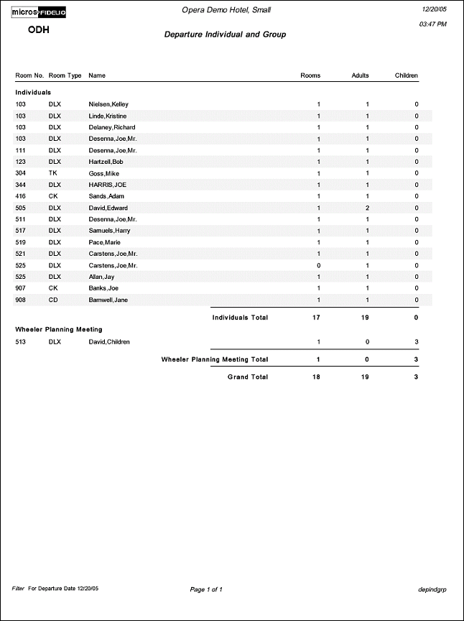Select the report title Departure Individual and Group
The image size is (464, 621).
pos(225,34)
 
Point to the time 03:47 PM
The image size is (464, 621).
pos(432,24)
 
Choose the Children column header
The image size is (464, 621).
pos(406,75)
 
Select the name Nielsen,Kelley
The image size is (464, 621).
pos(108,105)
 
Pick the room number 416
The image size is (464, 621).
pos(21,196)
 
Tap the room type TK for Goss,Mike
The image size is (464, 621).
pos(52,173)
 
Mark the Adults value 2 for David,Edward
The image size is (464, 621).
pos(367,208)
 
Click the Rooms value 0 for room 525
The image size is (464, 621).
pos(319,265)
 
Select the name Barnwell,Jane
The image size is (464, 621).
pos(108,300)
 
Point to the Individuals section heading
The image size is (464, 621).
pos(33,93)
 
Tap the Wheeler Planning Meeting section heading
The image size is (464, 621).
pos(59,329)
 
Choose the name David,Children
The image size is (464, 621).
pos(109,342)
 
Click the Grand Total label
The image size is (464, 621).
pos(248,377)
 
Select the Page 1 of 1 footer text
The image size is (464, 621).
pos(206,589)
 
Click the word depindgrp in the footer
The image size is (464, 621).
pos(432,589)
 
